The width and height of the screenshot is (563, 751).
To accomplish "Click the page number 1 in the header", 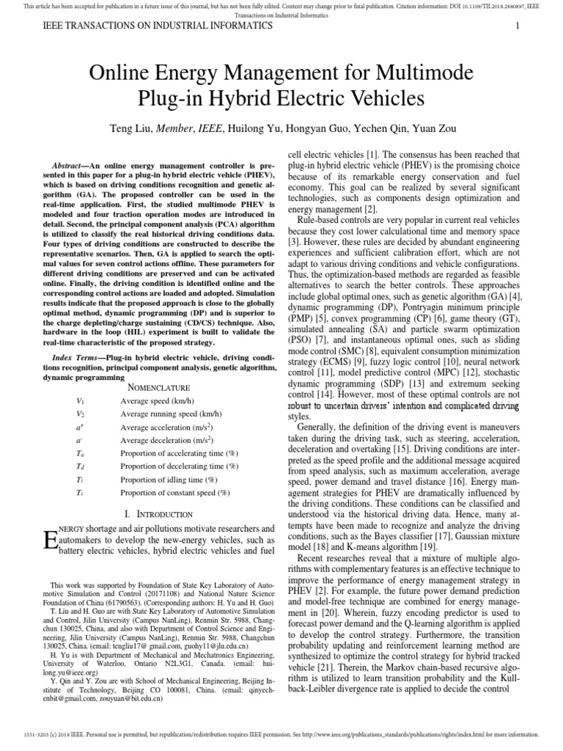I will [x=518, y=26].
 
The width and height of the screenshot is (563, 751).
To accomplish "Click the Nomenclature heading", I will [x=159, y=387].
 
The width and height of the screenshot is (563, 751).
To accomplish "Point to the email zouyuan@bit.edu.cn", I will [x=128, y=699].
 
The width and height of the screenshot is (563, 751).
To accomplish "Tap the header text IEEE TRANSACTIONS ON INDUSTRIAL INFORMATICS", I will [x=150, y=26].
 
